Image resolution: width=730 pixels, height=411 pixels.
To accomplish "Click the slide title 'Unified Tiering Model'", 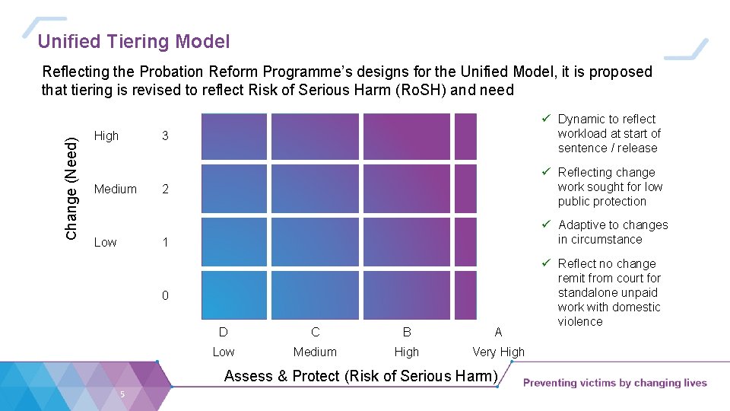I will pyautogui.click(x=134, y=42).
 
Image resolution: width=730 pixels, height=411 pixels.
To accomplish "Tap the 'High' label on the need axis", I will pyautogui.click(x=106, y=136).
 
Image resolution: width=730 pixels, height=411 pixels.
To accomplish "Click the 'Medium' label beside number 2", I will pyautogui.click(x=116, y=189).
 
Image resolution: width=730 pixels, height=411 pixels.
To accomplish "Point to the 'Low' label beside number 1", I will pyautogui.click(x=105, y=242).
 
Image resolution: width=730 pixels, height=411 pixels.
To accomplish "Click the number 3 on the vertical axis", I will pyautogui.click(x=165, y=136).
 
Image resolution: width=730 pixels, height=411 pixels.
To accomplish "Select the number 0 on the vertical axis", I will pyautogui.click(x=165, y=295).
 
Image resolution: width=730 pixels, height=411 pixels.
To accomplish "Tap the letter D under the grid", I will pyautogui.click(x=224, y=332).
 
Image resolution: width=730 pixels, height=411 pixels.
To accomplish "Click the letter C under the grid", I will pyautogui.click(x=315, y=332).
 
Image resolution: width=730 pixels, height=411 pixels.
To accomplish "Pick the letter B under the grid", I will pyautogui.click(x=407, y=332).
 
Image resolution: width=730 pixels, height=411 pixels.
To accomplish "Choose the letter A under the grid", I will pyautogui.click(x=498, y=332).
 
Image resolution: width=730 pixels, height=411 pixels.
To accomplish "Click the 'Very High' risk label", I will pyautogui.click(x=498, y=352).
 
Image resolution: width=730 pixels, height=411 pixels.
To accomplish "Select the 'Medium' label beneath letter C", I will pyautogui.click(x=315, y=352).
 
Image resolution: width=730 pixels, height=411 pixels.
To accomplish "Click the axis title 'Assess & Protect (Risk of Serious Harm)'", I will pyautogui.click(x=361, y=376).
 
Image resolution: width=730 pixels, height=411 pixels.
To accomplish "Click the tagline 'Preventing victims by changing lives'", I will pyautogui.click(x=614, y=383).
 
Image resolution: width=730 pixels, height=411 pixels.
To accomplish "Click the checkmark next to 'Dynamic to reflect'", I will pyautogui.click(x=546, y=119).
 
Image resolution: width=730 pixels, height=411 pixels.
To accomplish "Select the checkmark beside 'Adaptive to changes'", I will pyautogui.click(x=546, y=225).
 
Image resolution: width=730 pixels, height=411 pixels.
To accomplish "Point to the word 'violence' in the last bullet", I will pyautogui.click(x=580, y=321).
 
